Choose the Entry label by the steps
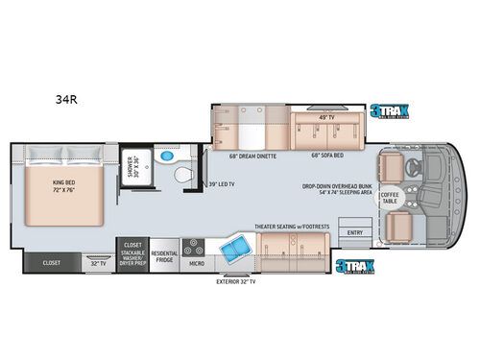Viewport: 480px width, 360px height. [355, 232]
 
